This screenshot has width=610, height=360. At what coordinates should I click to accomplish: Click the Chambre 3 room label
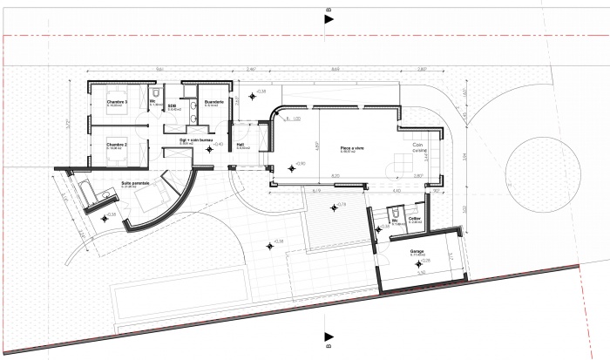coord(118,102)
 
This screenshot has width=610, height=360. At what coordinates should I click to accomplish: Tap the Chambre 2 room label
coord(117,144)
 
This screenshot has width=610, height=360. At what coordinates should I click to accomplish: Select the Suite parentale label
coord(135,183)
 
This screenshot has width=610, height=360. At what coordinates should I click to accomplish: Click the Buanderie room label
coord(214,102)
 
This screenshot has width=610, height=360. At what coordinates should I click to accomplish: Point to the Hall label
coord(241,145)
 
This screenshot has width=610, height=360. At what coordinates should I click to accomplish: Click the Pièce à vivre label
coord(352,149)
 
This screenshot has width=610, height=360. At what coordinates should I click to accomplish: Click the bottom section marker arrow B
coord(328,338)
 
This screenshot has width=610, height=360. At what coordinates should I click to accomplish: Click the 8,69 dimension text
coord(335,68)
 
